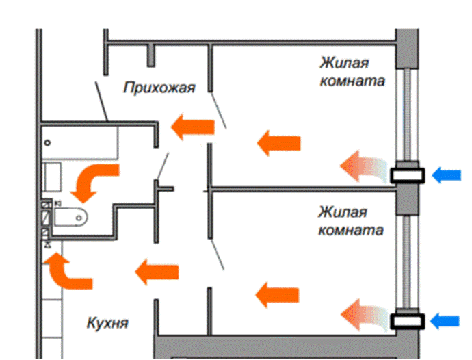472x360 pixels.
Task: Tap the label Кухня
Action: pos(108,321)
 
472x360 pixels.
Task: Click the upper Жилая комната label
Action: pos(352,72)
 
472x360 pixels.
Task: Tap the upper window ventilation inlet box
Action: pos(407,175)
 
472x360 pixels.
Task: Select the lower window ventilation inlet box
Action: pos(407,320)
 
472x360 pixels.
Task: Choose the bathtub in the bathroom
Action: pos(79,142)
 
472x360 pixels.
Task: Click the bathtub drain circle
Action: pos(47,142)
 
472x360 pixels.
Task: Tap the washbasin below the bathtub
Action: pos(53,177)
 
